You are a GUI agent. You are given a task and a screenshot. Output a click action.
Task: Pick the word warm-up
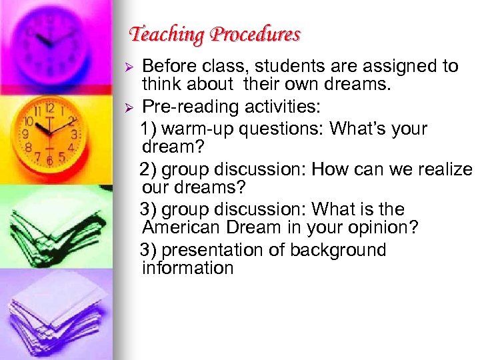[x=201, y=128]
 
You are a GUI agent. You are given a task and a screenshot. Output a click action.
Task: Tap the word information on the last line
[x=187, y=269]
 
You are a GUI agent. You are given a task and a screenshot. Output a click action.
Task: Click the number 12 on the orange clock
[x=49, y=107]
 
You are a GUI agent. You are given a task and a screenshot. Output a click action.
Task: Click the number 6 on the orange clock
[x=49, y=161]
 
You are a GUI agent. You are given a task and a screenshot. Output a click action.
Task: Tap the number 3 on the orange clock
[x=74, y=134]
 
